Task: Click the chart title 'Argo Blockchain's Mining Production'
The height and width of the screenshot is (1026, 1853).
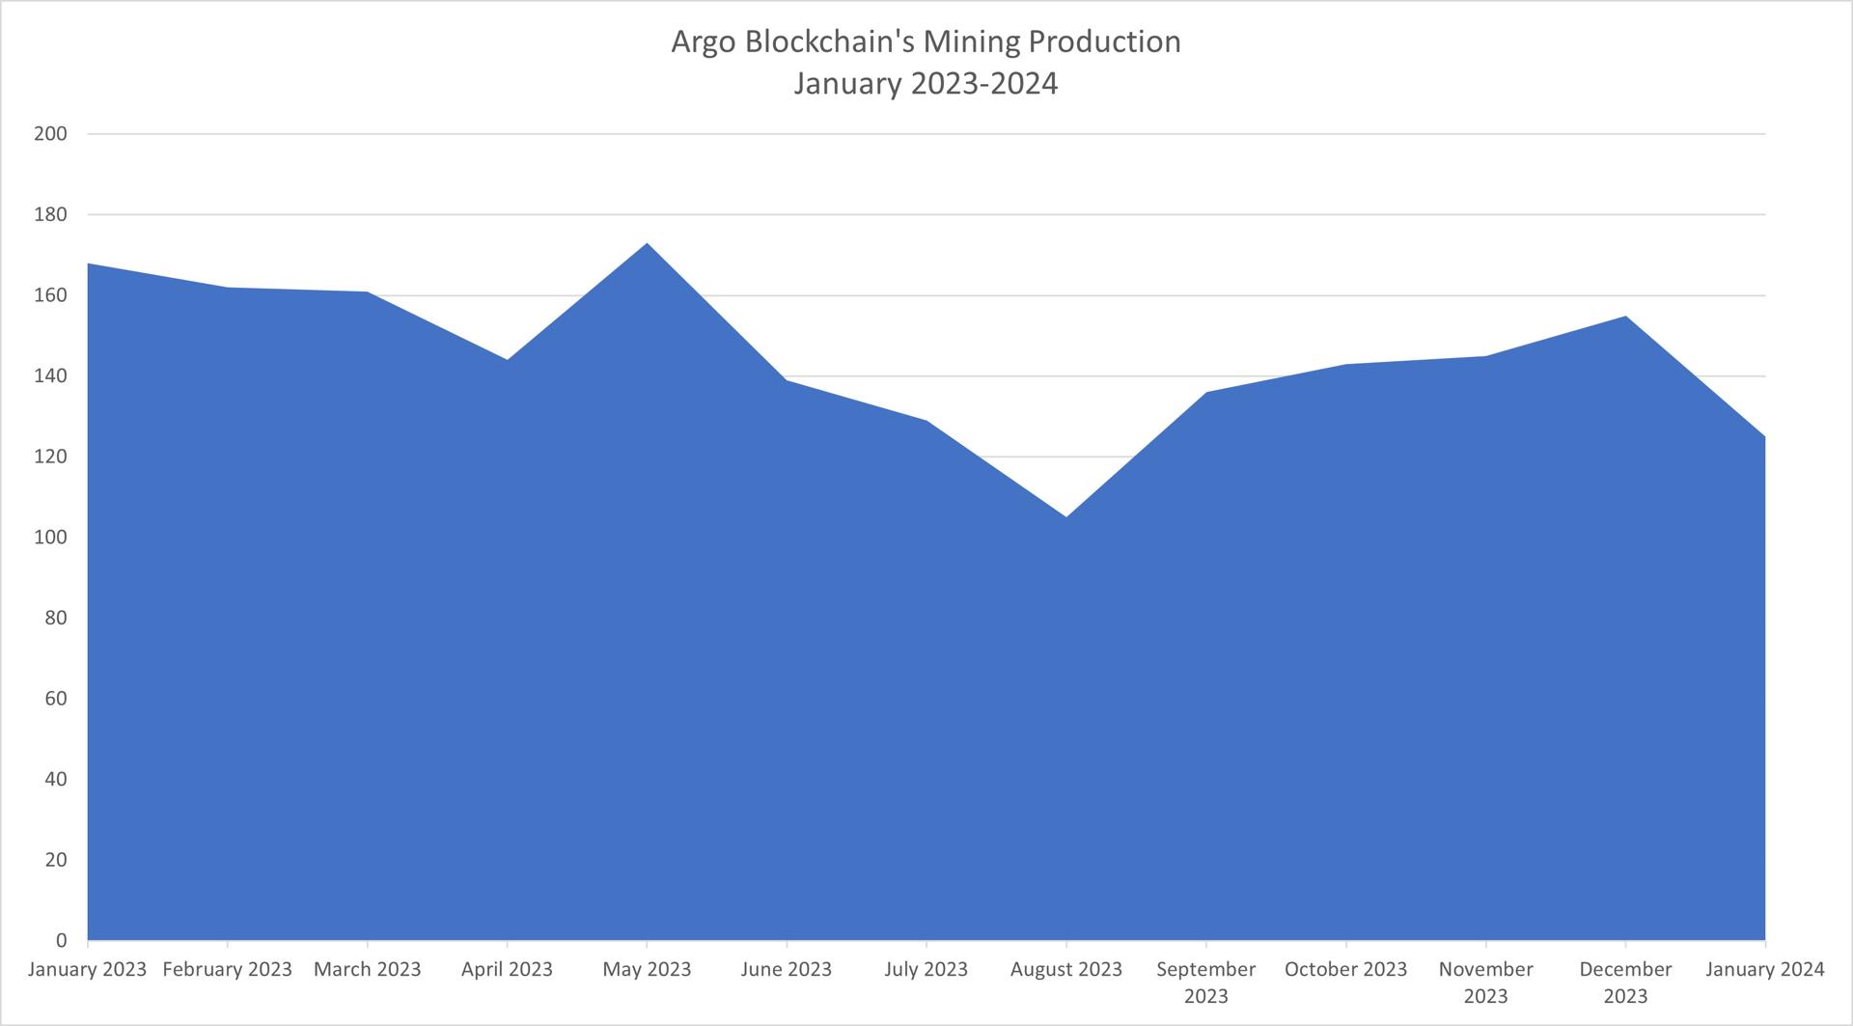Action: click(926, 42)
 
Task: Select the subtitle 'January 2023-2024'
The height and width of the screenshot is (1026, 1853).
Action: click(926, 84)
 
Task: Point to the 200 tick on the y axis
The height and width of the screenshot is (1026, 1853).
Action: click(50, 134)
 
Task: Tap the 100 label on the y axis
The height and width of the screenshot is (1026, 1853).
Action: click(50, 538)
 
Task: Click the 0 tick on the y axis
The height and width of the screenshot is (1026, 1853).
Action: click(61, 940)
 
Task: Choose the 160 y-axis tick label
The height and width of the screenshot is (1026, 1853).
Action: click(50, 295)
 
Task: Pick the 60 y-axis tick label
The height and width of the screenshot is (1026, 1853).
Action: click(55, 699)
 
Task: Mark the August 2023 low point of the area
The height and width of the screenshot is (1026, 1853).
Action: click(1066, 517)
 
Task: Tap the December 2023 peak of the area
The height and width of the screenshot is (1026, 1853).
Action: click(1626, 317)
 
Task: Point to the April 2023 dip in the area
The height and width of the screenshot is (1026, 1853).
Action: click(507, 360)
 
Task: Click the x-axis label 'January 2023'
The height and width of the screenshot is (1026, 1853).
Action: click(87, 969)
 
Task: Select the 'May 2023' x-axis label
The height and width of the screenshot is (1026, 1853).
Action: click(647, 969)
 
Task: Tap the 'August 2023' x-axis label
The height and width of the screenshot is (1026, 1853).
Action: click(1066, 969)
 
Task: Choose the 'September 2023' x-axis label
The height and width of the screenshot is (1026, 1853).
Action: click(1206, 982)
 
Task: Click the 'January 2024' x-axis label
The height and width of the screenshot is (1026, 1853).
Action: click(1765, 969)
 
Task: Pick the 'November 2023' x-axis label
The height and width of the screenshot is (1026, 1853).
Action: click(1486, 982)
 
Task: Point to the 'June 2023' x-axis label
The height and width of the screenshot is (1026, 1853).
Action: click(787, 969)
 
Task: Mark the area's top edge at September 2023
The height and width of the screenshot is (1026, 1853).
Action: click(1206, 393)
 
